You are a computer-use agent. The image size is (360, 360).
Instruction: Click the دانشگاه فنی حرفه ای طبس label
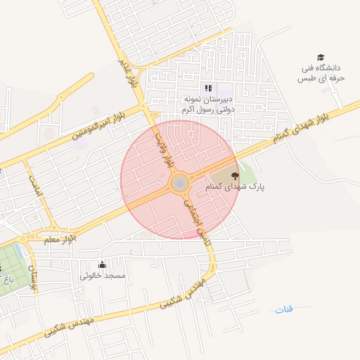pos(321,72)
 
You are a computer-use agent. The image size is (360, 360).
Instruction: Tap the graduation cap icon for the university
pos(321,58)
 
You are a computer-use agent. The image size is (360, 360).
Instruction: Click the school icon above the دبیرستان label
pos(207,89)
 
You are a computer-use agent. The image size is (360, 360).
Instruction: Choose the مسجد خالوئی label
pos(103,276)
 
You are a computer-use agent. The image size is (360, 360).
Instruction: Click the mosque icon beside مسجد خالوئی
pos(103,264)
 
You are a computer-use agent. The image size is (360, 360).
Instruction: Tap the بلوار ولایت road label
pos(164,150)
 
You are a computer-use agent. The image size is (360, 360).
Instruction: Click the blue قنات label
pos(283,309)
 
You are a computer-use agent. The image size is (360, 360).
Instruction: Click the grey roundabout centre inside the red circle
pos(179,184)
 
